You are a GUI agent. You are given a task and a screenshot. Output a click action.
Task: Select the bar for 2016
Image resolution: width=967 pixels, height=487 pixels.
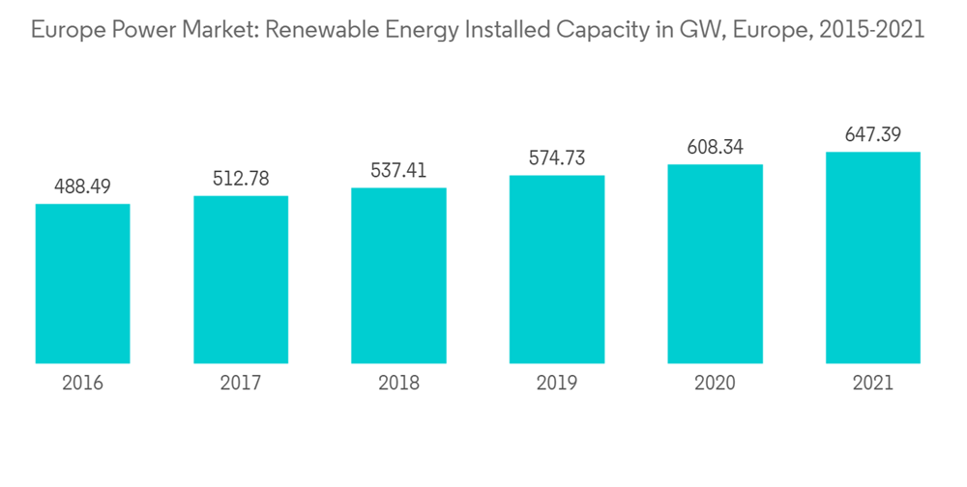(82, 284)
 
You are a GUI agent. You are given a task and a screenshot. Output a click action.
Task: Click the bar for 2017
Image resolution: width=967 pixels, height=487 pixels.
(241, 280)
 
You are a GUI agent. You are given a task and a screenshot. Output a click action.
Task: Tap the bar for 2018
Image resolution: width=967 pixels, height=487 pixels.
(398, 275)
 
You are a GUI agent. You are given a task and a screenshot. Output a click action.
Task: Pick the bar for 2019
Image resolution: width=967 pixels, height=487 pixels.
(557, 270)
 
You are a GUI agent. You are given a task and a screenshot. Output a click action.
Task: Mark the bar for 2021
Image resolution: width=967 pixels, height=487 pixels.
(872, 258)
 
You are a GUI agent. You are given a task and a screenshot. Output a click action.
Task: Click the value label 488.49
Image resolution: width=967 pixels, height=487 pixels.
(82, 186)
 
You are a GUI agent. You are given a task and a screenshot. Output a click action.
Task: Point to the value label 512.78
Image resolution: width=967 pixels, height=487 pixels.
(241, 179)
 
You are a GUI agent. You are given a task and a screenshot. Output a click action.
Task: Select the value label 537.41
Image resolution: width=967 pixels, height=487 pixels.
(398, 170)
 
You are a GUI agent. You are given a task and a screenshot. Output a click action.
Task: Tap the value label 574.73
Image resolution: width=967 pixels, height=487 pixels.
(557, 158)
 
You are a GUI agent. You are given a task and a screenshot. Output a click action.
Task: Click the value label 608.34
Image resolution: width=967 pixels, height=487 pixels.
(715, 147)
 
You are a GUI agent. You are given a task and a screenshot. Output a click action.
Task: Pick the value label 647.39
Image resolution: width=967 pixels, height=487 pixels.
(872, 134)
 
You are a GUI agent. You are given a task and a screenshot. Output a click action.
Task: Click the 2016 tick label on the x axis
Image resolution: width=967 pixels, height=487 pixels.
(82, 383)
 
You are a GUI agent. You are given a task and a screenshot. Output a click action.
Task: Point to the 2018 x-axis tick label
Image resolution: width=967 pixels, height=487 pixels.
(398, 383)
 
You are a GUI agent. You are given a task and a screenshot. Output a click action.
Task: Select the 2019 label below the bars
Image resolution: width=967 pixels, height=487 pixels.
(557, 383)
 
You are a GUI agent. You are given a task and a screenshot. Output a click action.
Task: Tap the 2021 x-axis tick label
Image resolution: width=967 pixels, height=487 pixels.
(872, 383)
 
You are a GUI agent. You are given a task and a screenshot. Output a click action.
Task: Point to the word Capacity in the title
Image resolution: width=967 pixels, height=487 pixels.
(599, 31)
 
